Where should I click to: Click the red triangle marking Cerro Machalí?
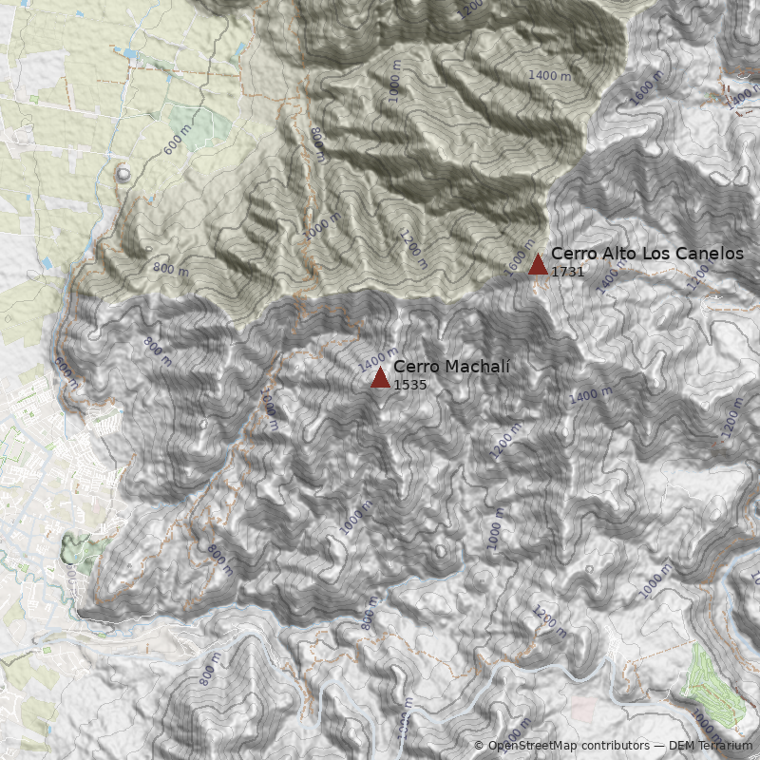tap(380, 377)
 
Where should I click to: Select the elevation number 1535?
tap(409, 385)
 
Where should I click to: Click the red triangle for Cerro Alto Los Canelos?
tap(538, 264)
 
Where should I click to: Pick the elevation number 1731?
tap(567, 272)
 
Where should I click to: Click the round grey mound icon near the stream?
tap(123, 174)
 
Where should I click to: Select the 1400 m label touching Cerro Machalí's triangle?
tap(372, 360)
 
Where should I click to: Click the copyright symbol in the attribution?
tap(479, 746)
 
